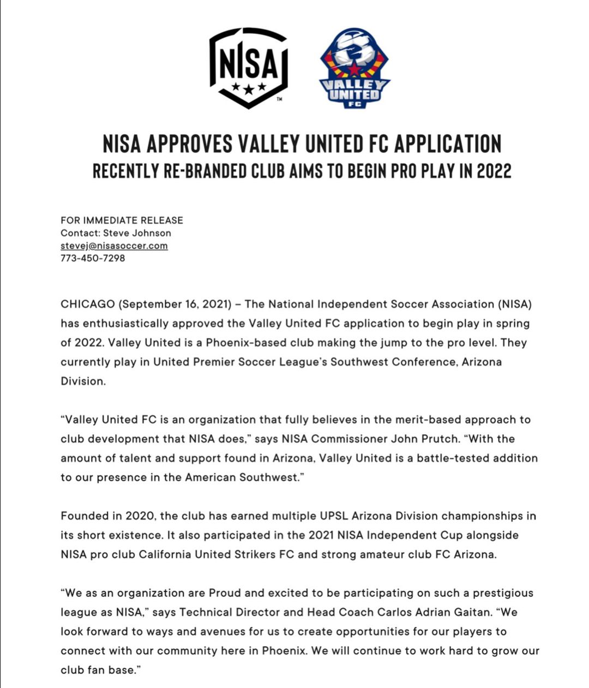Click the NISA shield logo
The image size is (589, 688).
[x=249, y=67]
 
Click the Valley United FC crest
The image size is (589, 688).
[x=354, y=68]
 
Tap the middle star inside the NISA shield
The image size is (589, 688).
[x=249, y=88]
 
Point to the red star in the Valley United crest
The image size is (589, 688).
[x=354, y=69]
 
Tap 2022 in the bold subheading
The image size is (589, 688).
[x=494, y=171]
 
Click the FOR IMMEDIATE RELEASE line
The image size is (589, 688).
[x=122, y=220]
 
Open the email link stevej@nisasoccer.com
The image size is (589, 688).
[x=114, y=246]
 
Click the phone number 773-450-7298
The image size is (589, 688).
[x=93, y=258]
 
